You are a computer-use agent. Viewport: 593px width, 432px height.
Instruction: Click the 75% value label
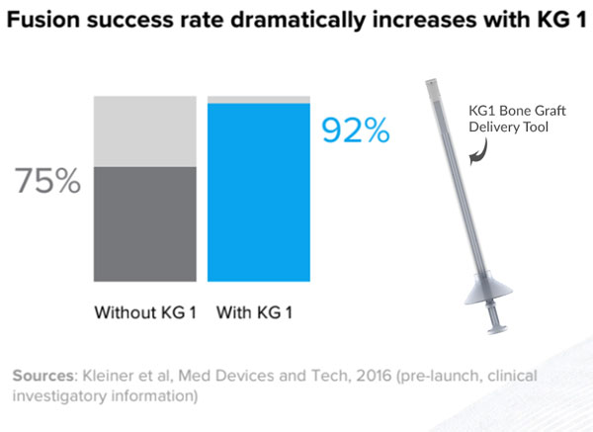click(46, 181)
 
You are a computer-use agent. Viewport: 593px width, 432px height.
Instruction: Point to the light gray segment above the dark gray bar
click(144, 130)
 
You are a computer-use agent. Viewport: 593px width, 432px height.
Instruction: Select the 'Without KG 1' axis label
click(145, 313)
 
